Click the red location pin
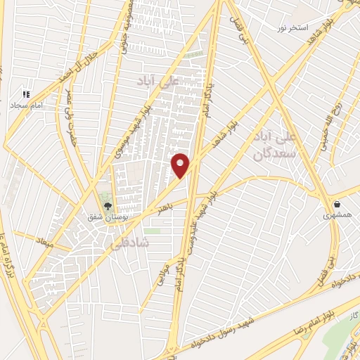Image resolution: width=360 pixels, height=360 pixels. click(x=181, y=165)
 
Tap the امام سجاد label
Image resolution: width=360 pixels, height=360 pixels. click(x=25, y=105)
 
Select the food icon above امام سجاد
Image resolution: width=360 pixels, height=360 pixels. click(x=27, y=94)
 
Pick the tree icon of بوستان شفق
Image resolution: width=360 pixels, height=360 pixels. click(x=108, y=206)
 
